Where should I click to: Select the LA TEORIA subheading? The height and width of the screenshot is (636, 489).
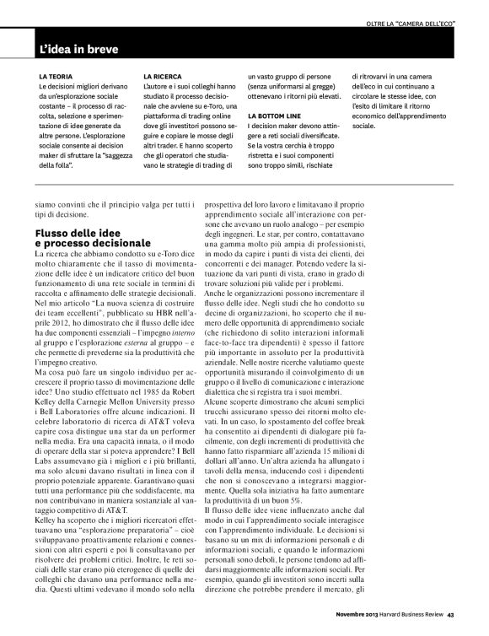(55, 77)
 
